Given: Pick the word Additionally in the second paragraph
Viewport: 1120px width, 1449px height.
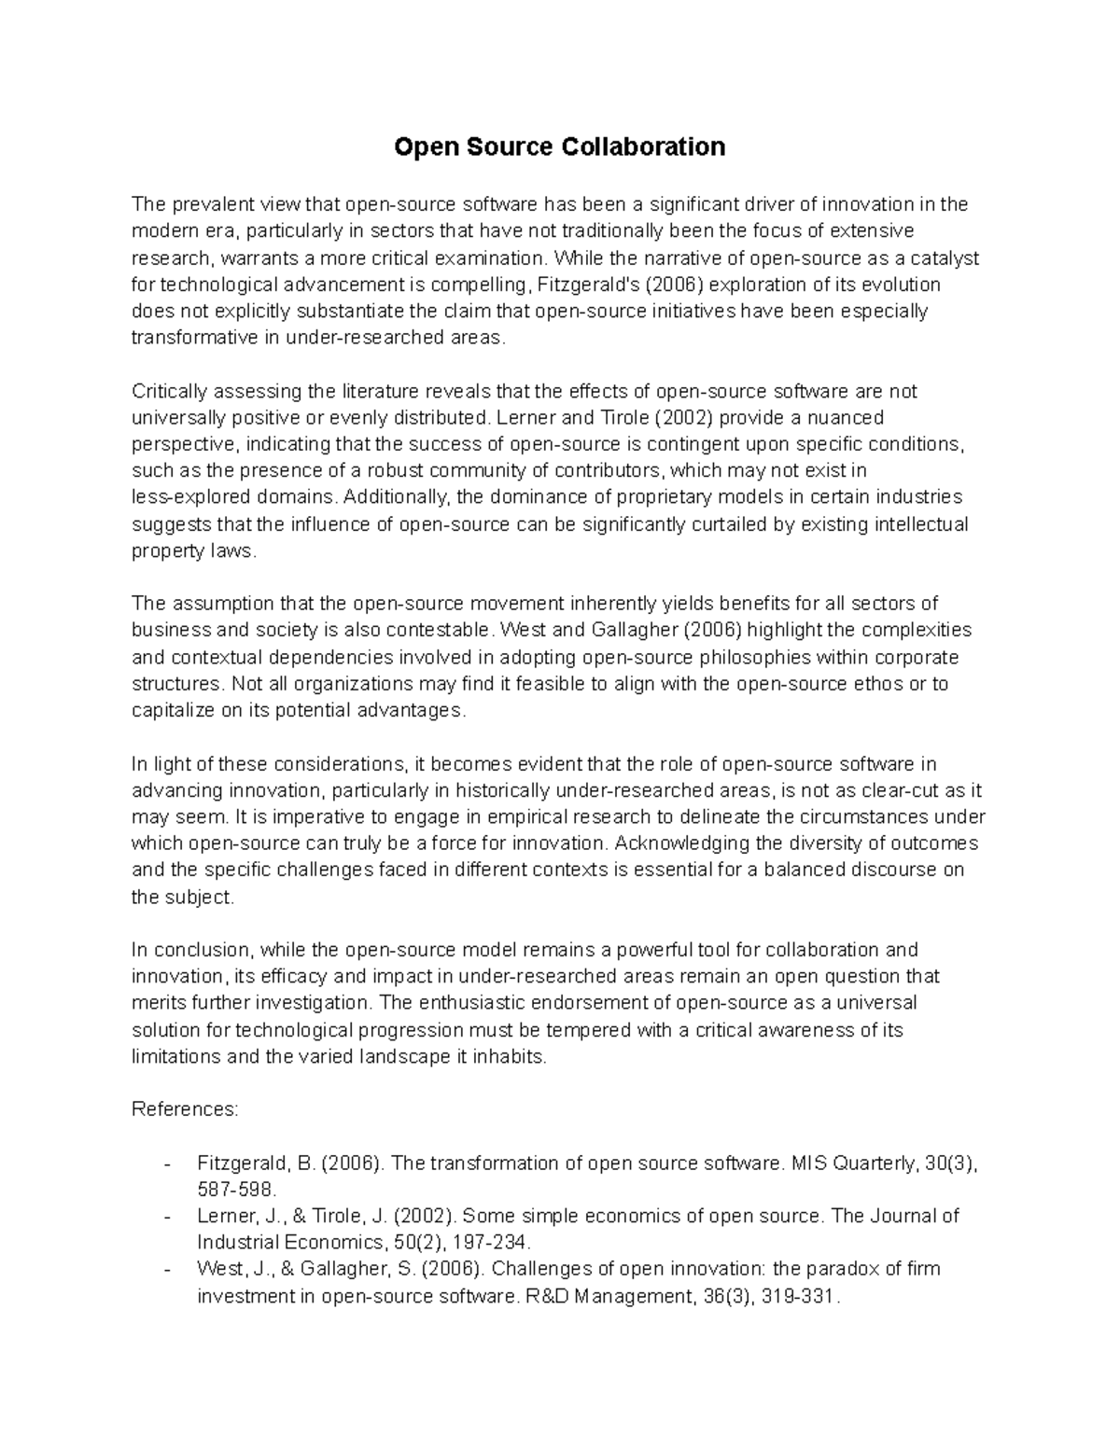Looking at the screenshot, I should tap(399, 497).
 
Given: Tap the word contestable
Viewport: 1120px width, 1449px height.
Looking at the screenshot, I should tap(443, 630).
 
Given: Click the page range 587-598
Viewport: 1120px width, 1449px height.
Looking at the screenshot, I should tap(237, 1191).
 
